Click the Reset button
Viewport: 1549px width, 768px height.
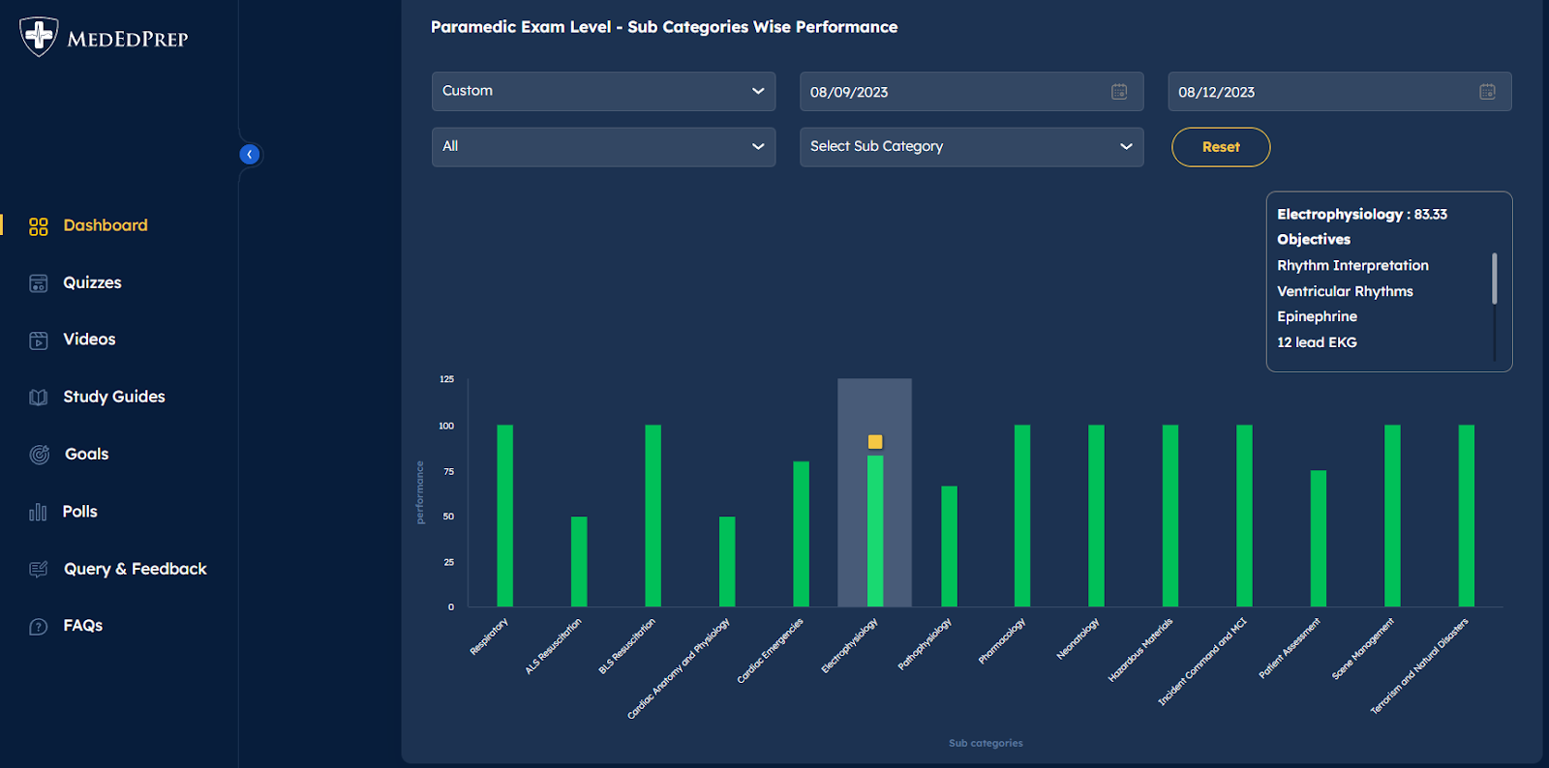coord(1220,147)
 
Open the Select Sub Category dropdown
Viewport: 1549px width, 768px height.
coord(971,147)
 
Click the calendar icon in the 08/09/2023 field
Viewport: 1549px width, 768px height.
coord(1119,92)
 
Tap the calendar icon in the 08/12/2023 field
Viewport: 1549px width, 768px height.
coord(1487,92)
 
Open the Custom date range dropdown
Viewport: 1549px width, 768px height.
coord(603,91)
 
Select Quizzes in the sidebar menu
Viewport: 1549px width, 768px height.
coord(92,282)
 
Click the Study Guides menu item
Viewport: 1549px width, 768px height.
coord(113,397)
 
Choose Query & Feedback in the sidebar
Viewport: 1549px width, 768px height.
coord(135,569)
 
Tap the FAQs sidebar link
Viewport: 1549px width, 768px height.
coord(82,626)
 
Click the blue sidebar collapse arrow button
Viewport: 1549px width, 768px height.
coord(250,155)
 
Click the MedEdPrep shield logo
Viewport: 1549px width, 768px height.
coord(39,37)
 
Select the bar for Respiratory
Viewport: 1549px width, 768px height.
coord(504,516)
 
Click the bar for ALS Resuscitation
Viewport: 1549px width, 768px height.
coord(579,561)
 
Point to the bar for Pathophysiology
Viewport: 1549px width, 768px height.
coord(949,546)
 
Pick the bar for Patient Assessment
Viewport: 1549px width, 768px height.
coord(1319,539)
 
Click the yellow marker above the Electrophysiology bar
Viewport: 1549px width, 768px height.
coord(875,442)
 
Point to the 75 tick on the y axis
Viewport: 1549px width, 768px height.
coord(448,471)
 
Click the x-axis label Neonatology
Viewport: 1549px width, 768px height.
coord(1078,639)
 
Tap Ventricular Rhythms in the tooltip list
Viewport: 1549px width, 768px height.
coord(1345,291)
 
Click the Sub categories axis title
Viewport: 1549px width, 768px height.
coord(986,743)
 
